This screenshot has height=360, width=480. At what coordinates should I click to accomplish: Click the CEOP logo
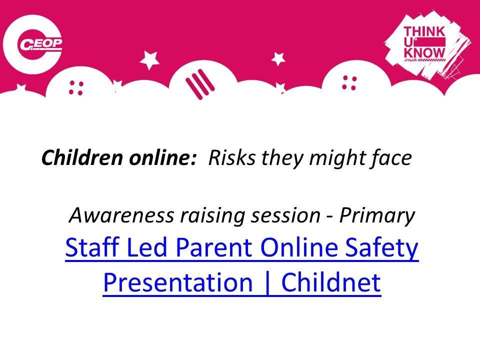33,44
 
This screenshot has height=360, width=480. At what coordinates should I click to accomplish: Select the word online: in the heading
162,158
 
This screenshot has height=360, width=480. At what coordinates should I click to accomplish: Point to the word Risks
231,158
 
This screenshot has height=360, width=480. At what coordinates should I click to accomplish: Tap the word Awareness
121,215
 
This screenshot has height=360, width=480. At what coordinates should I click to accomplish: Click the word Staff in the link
92,247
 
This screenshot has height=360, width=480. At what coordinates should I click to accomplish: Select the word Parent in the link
214,247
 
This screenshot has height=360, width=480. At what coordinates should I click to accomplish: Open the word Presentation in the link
178,282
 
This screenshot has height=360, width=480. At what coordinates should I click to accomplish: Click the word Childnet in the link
331,281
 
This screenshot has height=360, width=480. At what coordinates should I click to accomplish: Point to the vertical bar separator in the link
267,283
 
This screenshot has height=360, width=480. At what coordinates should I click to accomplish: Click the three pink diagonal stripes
200,83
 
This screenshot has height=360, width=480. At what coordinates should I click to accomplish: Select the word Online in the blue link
299,247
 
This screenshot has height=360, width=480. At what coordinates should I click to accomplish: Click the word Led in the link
146,247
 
